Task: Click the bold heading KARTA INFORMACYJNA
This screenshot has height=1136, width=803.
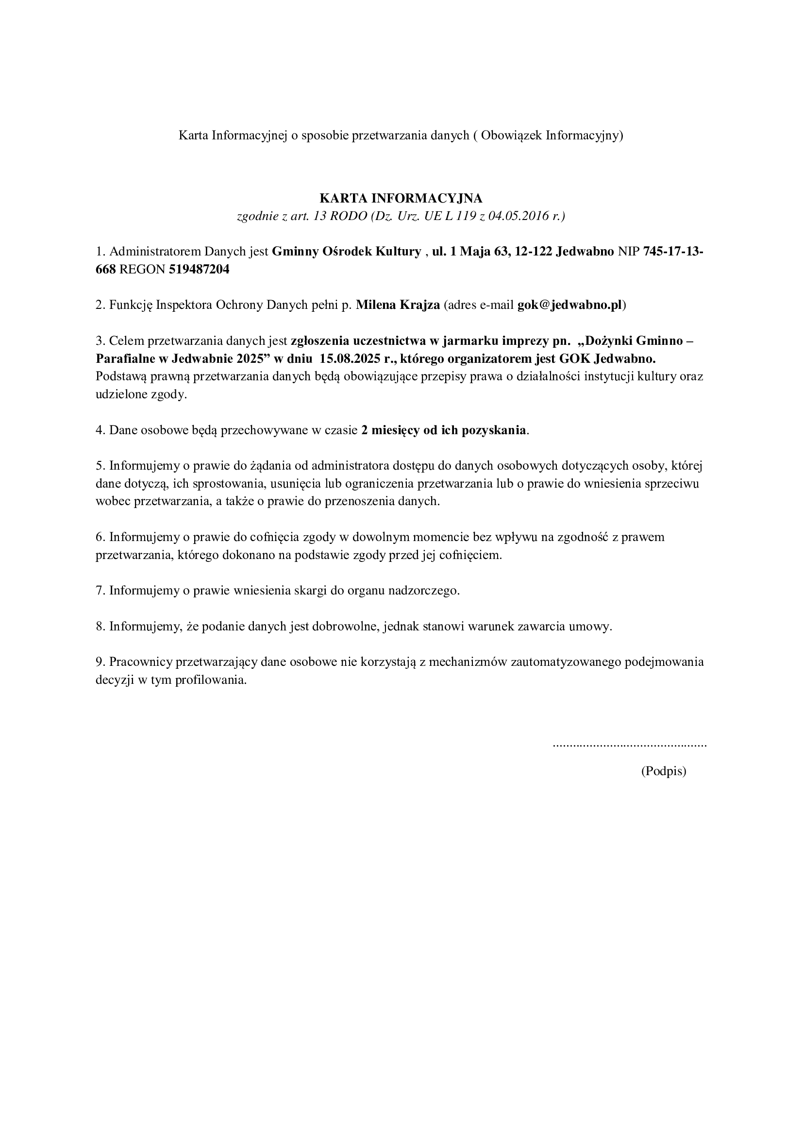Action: pyautogui.click(x=401, y=199)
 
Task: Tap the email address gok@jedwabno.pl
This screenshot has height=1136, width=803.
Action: pyautogui.click(x=569, y=305)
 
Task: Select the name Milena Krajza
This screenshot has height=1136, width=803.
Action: pyautogui.click(x=398, y=305)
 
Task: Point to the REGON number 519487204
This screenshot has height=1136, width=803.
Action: pyautogui.click(x=199, y=270)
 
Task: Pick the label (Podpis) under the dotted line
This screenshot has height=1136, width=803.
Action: pyautogui.click(x=664, y=771)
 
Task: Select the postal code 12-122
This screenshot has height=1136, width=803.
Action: pyautogui.click(x=533, y=252)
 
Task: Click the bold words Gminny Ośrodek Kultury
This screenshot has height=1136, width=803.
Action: pyautogui.click(x=346, y=252)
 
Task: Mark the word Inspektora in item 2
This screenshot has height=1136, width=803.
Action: pyautogui.click(x=184, y=305)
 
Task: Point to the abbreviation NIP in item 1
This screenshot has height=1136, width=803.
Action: pyautogui.click(x=628, y=252)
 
